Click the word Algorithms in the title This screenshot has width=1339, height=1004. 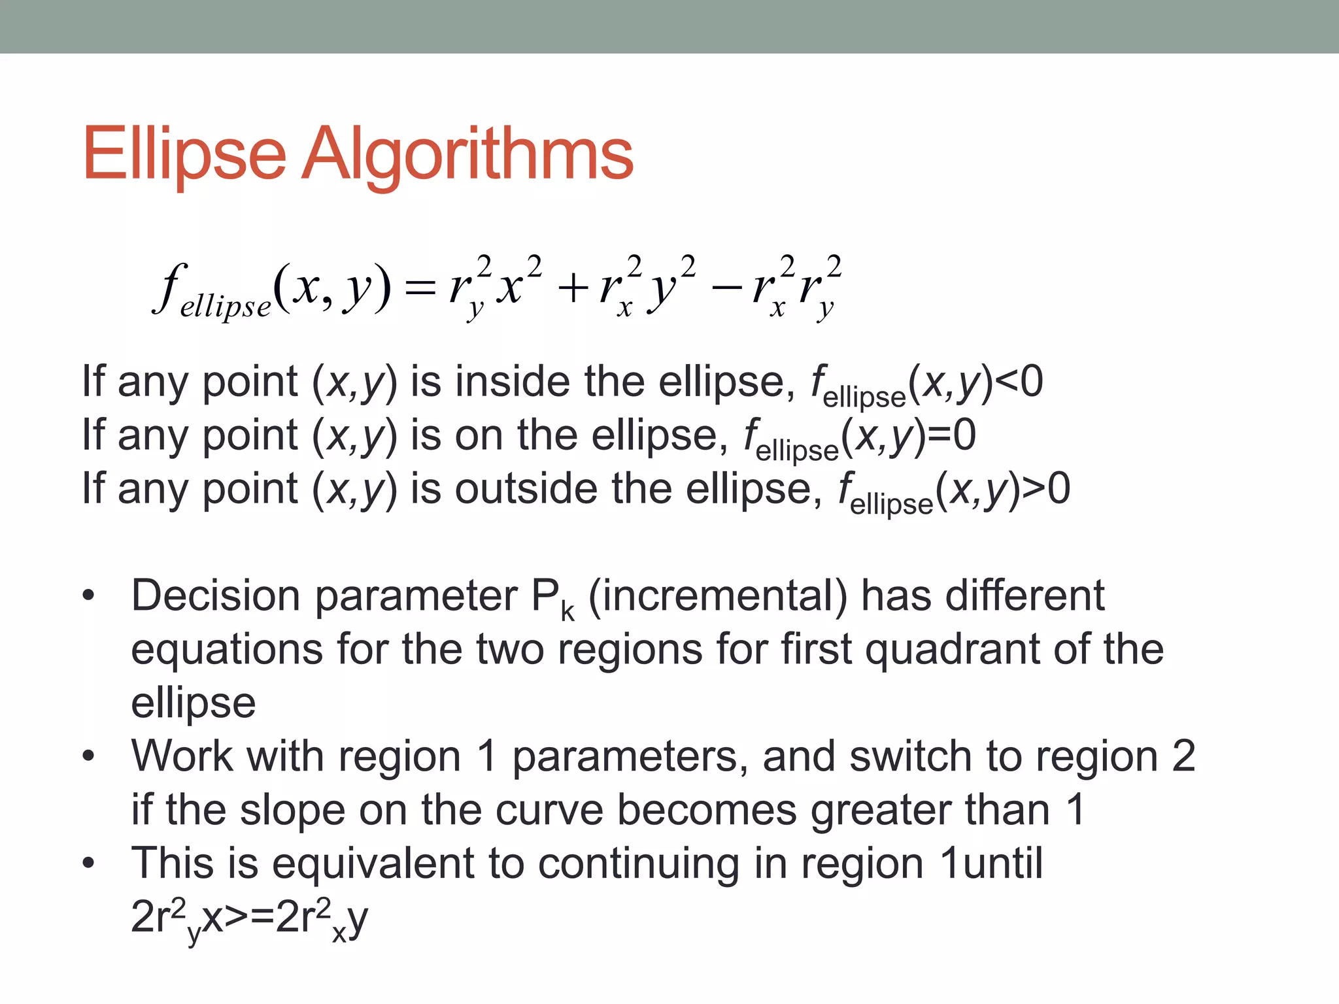point(467,154)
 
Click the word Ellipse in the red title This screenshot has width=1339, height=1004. point(184,154)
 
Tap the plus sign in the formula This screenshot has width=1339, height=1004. point(573,288)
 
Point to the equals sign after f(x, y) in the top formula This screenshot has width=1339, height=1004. point(420,288)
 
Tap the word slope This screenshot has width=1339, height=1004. point(292,810)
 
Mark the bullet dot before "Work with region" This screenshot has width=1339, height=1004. point(88,756)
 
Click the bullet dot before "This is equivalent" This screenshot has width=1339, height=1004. point(88,863)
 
